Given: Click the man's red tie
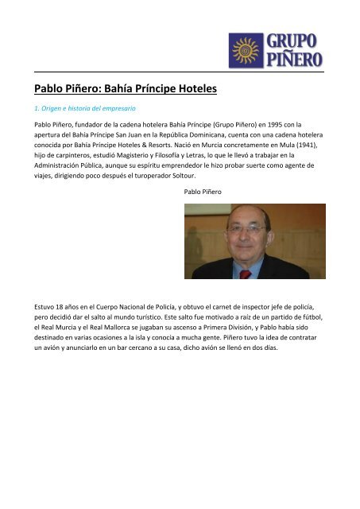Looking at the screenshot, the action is coord(246,273).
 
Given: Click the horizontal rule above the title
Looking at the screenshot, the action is coord(180,72).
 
